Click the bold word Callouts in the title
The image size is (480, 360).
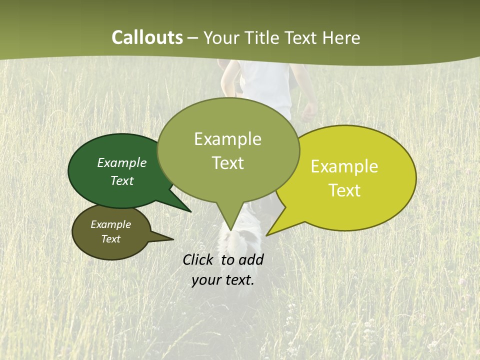[x=147, y=37]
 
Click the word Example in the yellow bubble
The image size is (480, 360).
[x=344, y=166]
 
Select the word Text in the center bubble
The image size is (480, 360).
[x=228, y=163]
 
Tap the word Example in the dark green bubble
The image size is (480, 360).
[x=122, y=162]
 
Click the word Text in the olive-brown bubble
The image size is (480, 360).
[x=111, y=239]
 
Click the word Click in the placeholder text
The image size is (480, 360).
[x=199, y=259]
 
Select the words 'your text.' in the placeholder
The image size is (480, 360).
[x=223, y=280]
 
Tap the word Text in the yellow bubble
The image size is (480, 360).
[x=345, y=190]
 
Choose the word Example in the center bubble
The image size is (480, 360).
[x=228, y=139]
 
